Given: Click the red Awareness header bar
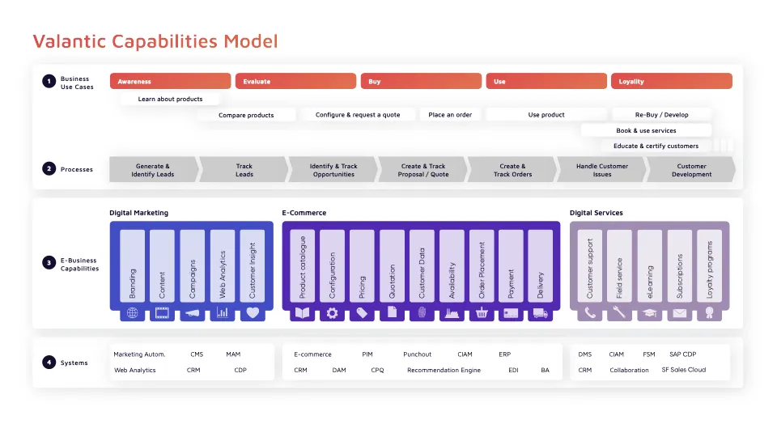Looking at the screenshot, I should pyautogui.click(x=170, y=81).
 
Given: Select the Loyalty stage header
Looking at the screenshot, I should pyautogui.click(x=671, y=81).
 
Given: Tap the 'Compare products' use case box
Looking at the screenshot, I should pyautogui.click(x=246, y=115).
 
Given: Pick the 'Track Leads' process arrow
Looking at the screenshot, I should pyautogui.click(x=244, y=170).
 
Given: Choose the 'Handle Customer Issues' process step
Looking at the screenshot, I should pyautogui.click(x=601, y=170).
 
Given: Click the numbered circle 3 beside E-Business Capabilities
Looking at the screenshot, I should pyautogui.click(x=49, y=264).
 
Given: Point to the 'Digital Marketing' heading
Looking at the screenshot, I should pyautogui.click(x=139, y=213).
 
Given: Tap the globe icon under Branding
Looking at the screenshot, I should pyautogui.click(x=133, y=312).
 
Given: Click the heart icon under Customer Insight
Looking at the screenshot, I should pyautogui.click(x=253, y=312).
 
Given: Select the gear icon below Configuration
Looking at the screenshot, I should pyautogui.click(x=332, y=312).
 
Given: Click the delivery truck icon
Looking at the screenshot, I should pyautogui.click(x=541, y=312).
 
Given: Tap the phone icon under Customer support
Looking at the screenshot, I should pyautogui.click(x=590, y=312).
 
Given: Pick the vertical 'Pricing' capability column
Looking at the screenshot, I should pyautogui.click(x=362, y=265).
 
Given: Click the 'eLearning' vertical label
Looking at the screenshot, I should pyautogui.click(x=650, y=265).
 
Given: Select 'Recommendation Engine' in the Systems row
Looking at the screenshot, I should pyautogui.click(x=444, y=370).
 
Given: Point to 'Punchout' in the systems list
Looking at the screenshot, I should pyautogui.click(x=417, y=354).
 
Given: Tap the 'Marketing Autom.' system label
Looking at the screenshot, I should pyautogui.click(x=139, y=354).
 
